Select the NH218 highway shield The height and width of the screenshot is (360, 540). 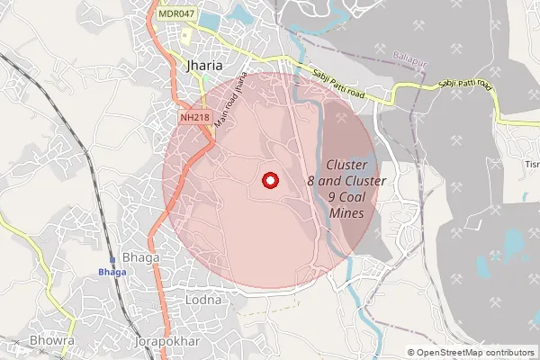click(x=194, y=118)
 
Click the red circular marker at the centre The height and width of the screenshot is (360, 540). click(x=268, y=180)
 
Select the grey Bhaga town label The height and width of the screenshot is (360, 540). click(x=140, y=257)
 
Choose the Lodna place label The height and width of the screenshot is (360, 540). click(x=202, y=299)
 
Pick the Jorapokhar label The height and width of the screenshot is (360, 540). click(x=165, y=343)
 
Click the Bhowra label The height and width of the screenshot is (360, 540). click(x=52, y=343)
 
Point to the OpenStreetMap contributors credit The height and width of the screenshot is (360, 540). click(x=475, y=352)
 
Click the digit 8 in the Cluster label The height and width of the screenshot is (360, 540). click(x=311, y=181)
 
